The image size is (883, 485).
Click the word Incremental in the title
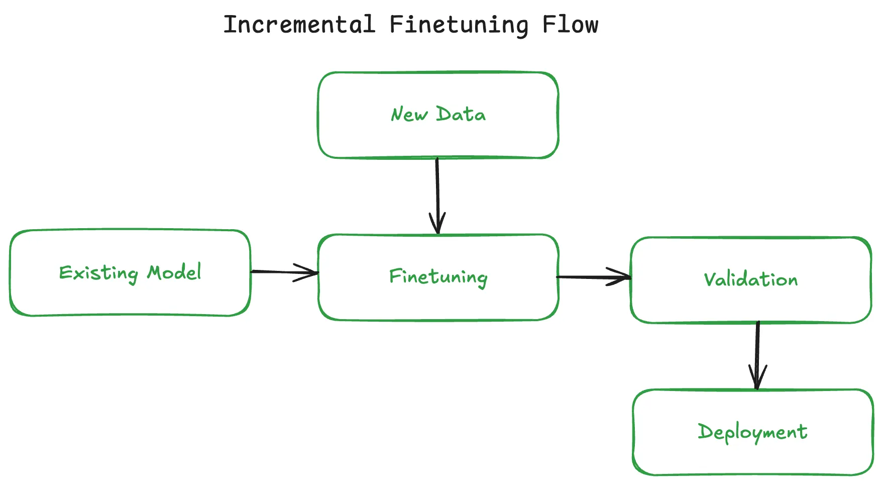[x=299, y=24]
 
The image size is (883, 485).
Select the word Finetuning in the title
[x=458, y=25]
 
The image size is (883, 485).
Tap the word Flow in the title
[x=570, y=24]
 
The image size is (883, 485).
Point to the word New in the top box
[x=409, y=115]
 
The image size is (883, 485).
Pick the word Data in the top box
[x=461, y=114]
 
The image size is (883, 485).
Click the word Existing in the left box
[x=98, y=273]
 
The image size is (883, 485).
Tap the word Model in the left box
[x=174, y=272]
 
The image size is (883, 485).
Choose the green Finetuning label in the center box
[x=438, y=277]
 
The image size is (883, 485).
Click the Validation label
[x=750, y=279]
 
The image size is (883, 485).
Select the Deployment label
[x=752, y=432]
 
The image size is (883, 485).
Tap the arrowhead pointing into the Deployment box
[x=757, y=379]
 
